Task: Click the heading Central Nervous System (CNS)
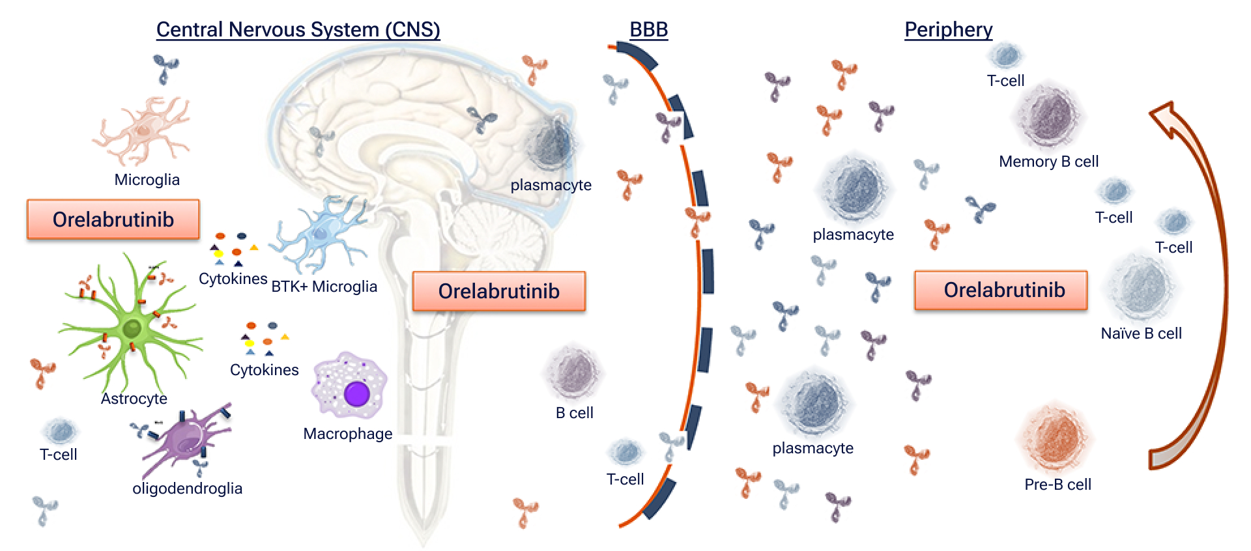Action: pyautogui.click(x=298, y=30)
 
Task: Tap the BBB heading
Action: pyautogui.click(x=648, y=30)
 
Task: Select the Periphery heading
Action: pyautogui.click(x=948, y=30)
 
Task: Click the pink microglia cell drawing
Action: pyautogui.click(x=142, y=130)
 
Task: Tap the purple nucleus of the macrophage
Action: pyautogui.click(x=357, y=394)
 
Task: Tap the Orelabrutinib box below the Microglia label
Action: pyautogui.click(x=113, y=219)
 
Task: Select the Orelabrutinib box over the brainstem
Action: pyautogui.click(x=498, y=291)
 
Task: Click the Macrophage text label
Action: pyautogui.click(x=347, y=434)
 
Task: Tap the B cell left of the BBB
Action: pyautogui.click(x=575, y=373)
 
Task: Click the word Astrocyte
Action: pyautogui.click(x=134, y=399)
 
